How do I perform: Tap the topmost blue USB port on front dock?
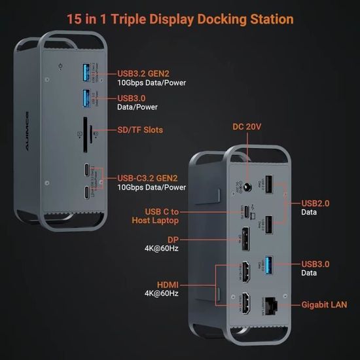[86, 72]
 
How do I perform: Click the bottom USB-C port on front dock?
[86, 193]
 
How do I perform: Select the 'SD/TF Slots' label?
[140, 130]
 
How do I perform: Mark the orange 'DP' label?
[173, 240]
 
